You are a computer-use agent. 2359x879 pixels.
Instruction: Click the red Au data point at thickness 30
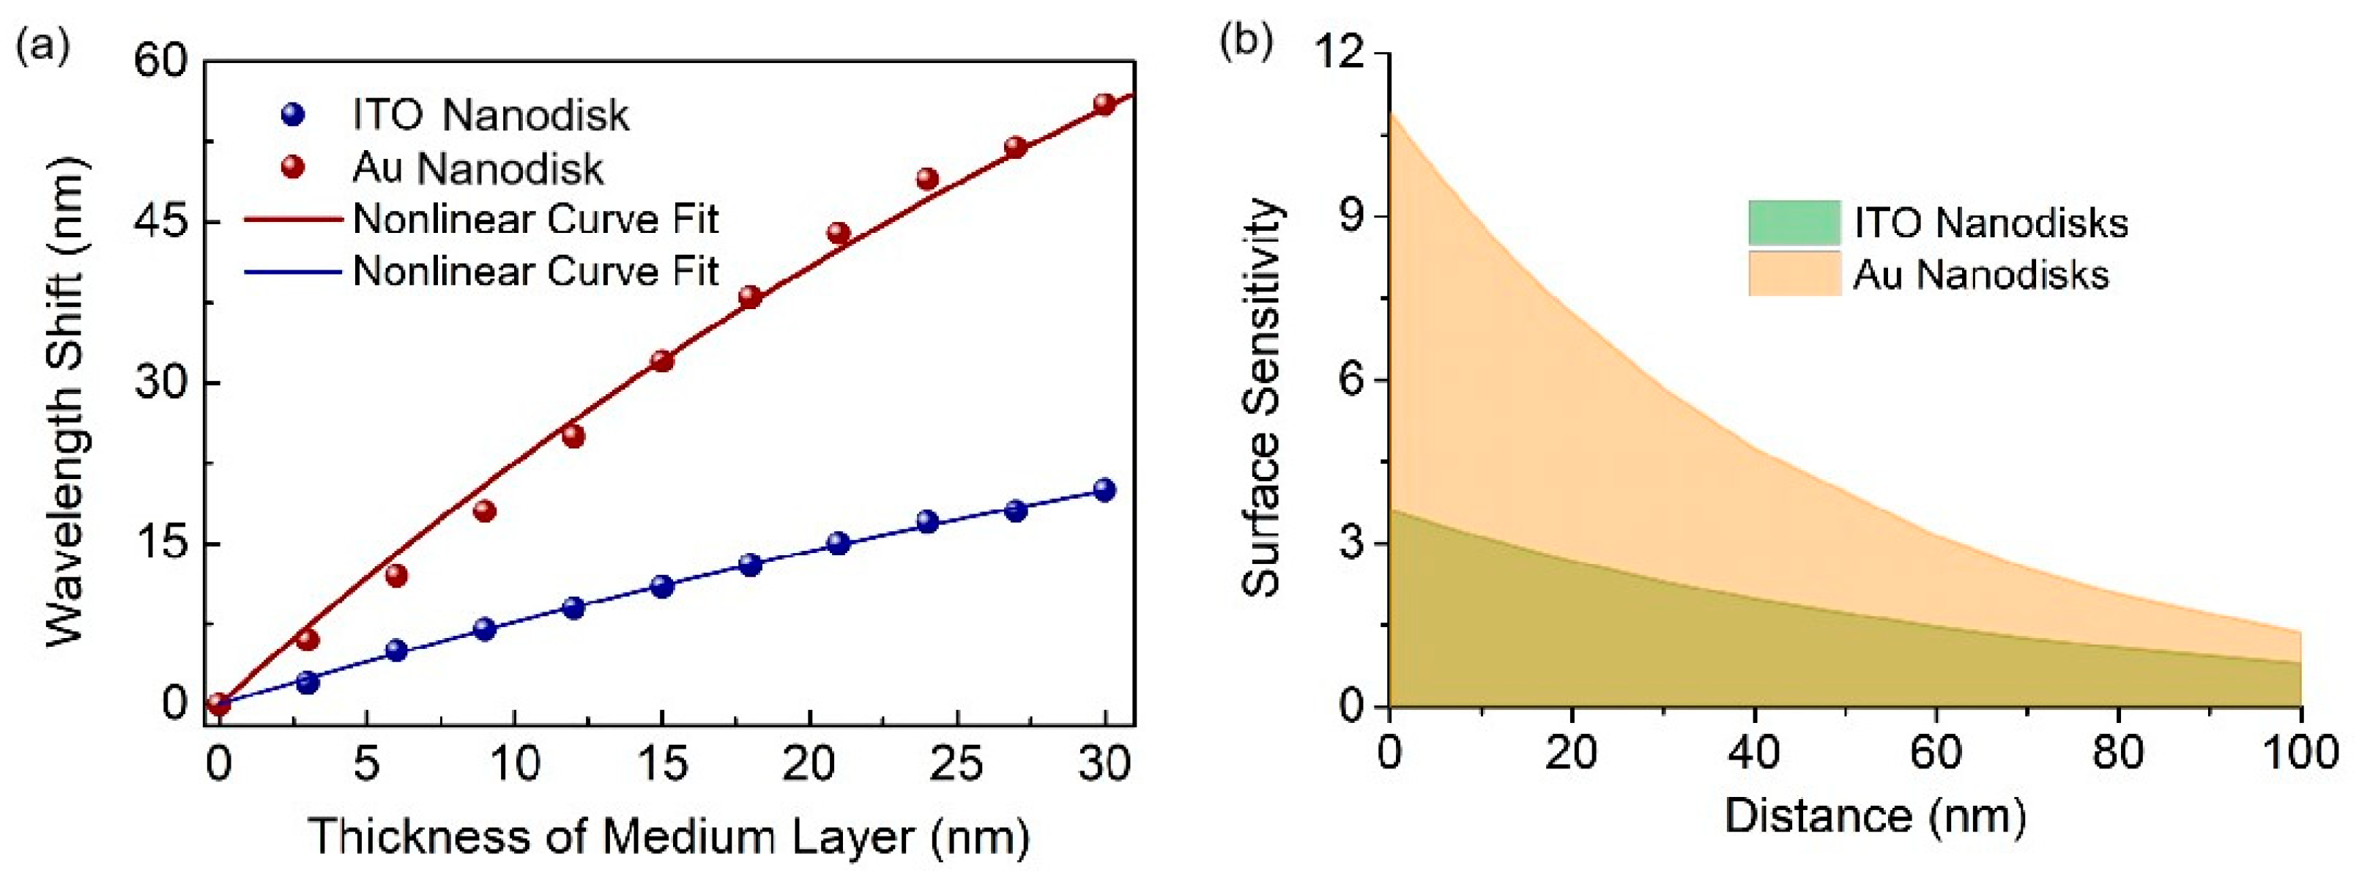point(1104,103)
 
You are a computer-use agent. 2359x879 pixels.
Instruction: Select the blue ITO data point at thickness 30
point(1104,489)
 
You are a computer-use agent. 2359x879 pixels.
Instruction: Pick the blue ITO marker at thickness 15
point(662,586)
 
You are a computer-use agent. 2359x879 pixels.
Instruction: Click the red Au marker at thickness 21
point(839,233)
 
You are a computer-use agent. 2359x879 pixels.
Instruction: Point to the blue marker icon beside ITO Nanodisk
point(293,116)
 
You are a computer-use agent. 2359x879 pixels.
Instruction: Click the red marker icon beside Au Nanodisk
point(293,168)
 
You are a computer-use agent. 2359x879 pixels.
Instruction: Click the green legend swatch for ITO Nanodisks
point(1793,223)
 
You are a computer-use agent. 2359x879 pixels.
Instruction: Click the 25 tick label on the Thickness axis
point(956,763)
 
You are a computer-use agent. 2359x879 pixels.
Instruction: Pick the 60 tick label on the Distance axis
point(1936,753)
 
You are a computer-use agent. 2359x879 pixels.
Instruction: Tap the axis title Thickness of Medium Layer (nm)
point(669,836)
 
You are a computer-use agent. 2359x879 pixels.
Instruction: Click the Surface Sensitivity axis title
point(1262,398)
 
